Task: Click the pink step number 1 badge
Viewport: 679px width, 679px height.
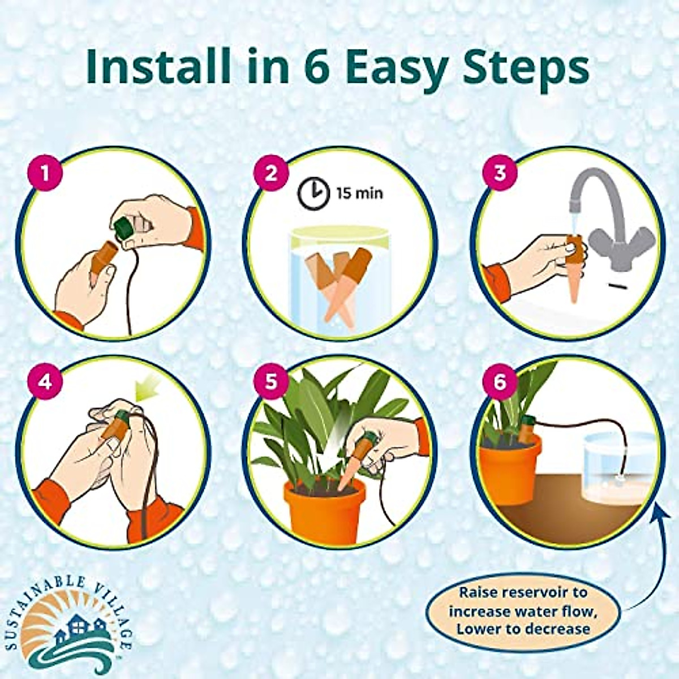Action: [x=44, y=172]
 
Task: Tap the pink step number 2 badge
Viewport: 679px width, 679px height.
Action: [x=272, y=172]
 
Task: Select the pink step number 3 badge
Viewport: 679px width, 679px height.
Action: [x=499, y=172]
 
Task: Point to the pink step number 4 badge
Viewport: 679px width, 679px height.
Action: [x=44, y=381]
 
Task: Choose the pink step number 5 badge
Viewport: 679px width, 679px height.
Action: [x=272, y=381]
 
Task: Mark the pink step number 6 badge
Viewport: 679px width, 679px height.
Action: [x=499, y=381]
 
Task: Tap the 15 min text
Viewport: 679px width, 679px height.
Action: [x=360, y=194]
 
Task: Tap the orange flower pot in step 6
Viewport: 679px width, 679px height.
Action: [x=508, y=471]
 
